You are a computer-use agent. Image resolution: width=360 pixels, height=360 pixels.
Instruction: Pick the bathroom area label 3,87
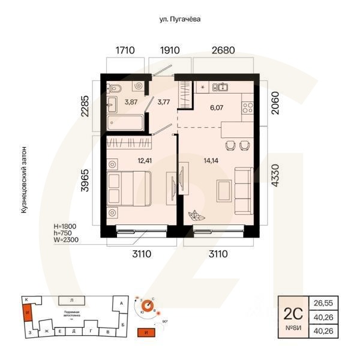coord(131,102)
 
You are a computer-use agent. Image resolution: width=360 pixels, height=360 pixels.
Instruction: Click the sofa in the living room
coord(244,191)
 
